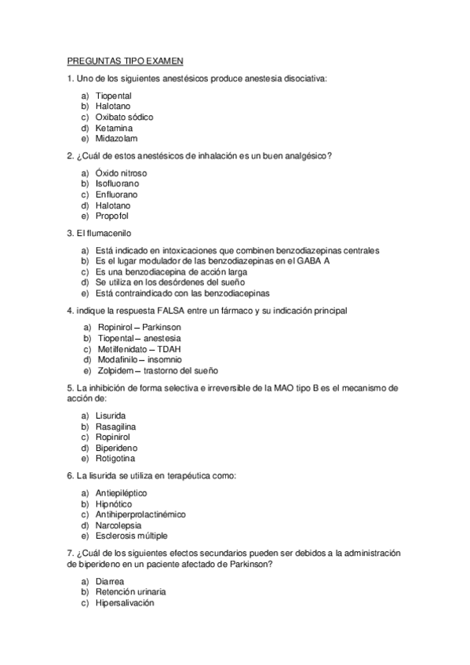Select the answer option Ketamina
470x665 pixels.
click(114, 127)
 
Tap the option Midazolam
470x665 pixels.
click(117, 138)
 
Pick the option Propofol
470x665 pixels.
click(112, 216)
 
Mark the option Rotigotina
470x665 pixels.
click(117, 458)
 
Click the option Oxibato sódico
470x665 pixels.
click(124, 116)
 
